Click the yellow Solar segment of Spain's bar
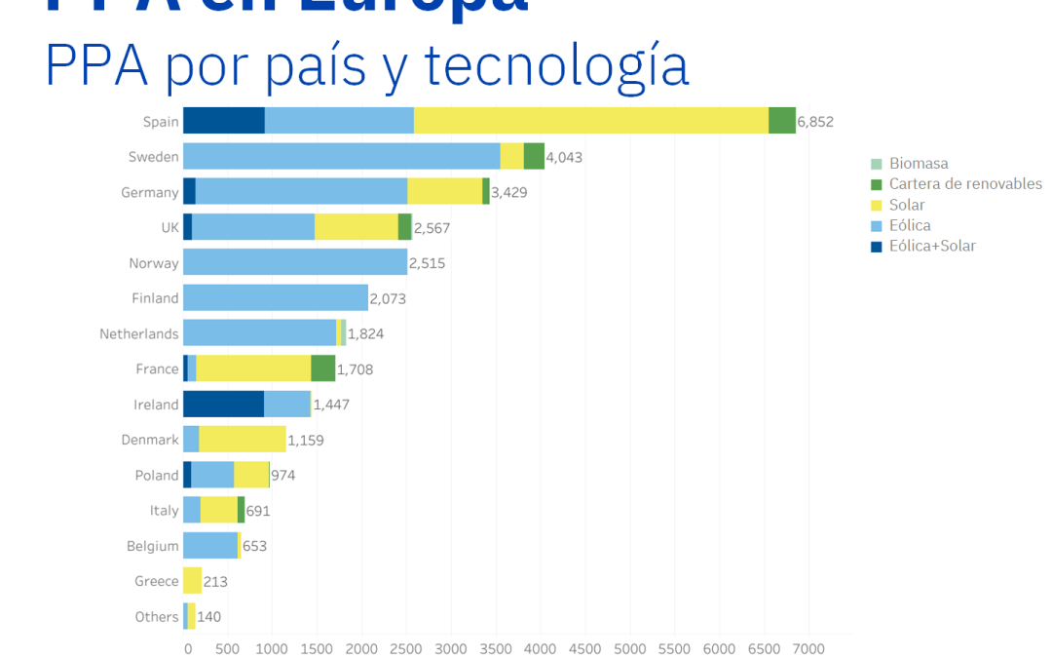(590, 121)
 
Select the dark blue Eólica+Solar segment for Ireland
(223, 404)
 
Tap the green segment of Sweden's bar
(534, 156)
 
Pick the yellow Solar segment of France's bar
(253, 368)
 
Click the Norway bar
(295, 262)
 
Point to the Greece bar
(192, 581)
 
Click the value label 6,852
(815, 122)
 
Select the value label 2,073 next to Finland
(388, 298)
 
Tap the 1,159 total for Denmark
(305, 441)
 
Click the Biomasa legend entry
(918, 164)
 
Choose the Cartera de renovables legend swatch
(876, 184)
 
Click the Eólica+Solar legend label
(932, 246)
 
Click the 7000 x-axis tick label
(808, 647)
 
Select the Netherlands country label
(139, 333)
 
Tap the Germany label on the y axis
(150, 192)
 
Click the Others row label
(157, 616)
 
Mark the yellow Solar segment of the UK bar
(356, 227)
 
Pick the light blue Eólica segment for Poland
(212, 475)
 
